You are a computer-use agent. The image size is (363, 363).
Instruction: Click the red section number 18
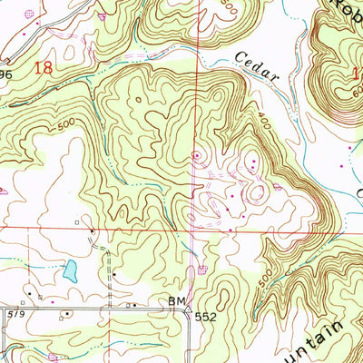[x=42, y=67]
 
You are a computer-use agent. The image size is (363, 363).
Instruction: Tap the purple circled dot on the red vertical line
[x=196, y=156]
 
